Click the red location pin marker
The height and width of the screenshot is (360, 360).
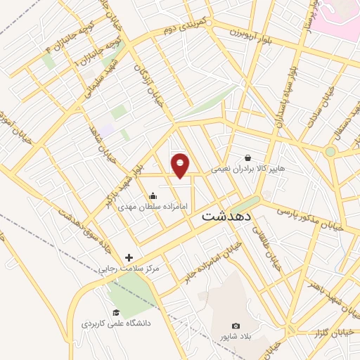[181, 165]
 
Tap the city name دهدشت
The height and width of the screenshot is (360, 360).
[227, 217]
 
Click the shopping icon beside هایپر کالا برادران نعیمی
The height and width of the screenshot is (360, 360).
[247, 158]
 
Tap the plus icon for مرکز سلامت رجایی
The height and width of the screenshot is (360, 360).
[129, 257]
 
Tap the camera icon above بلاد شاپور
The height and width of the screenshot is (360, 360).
[236, 326]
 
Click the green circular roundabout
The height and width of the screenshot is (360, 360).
[330, 151]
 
